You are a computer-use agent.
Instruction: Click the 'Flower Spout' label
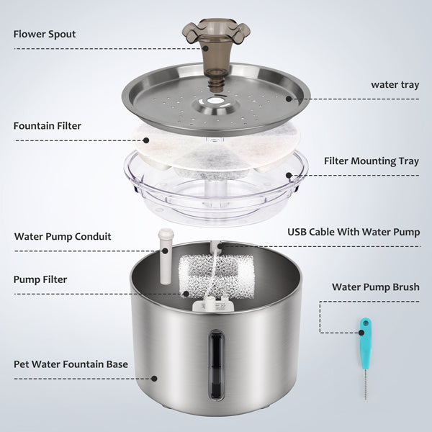tap(44, 34)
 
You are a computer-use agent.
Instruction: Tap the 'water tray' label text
tap(395, 84)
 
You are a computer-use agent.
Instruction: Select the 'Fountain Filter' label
tap(47, 126)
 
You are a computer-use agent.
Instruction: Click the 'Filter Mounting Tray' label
tap(372, 161)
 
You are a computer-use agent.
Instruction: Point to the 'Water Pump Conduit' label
tap(63, 236)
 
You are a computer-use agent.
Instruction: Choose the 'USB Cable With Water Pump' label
tap(354, 232)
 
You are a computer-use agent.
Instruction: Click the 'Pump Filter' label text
tap(41, 279)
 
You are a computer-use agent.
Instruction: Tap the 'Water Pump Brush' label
tap(375, 287)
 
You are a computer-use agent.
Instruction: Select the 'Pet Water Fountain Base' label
tap(71, 364)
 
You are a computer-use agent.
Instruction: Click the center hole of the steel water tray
tap(216, 108)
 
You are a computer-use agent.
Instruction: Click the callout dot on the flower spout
tap(206, 48)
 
